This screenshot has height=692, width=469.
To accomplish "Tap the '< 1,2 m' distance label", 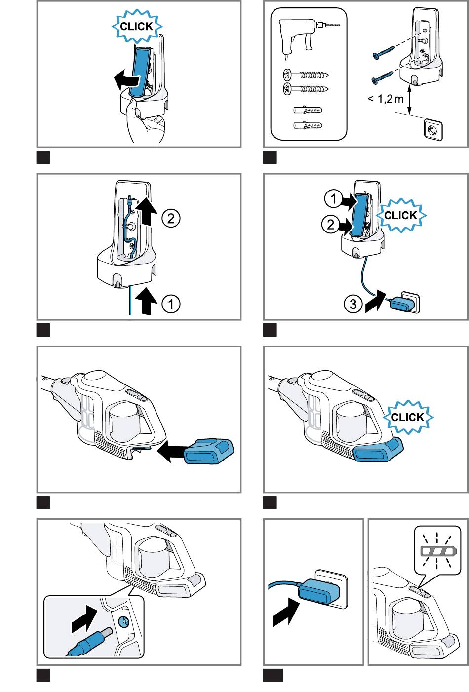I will click(x=385, y=99).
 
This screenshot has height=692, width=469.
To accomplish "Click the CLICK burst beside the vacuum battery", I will click(x=408, y=417).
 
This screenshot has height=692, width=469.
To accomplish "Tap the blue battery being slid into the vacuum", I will click(x=207, y=451).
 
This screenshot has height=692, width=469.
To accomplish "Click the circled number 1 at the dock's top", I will click(x=333, y=199).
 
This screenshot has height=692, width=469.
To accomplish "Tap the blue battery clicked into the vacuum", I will click(x=378, y=449).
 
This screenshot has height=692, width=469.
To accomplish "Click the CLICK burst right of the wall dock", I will click(x=400, y=215).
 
